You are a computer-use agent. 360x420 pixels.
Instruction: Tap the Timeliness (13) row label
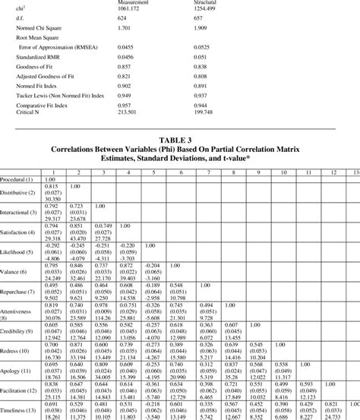[20, 412]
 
